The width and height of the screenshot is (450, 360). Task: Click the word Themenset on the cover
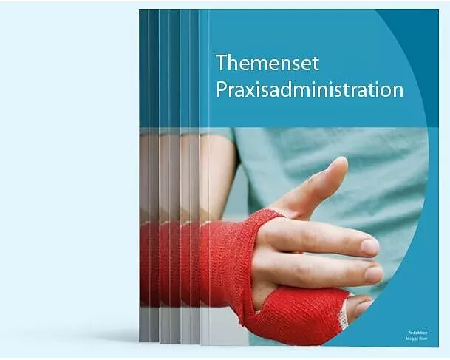point(267,62)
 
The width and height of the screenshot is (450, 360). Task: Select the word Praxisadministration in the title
point(309,90)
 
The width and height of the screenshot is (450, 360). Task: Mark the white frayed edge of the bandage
point(343,316)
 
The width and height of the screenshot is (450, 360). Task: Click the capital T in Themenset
point(220,62)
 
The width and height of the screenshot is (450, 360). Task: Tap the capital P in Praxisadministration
point(220,90)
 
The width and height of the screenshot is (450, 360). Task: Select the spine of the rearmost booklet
point(143,177)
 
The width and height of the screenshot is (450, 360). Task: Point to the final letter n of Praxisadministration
point(398,90)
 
